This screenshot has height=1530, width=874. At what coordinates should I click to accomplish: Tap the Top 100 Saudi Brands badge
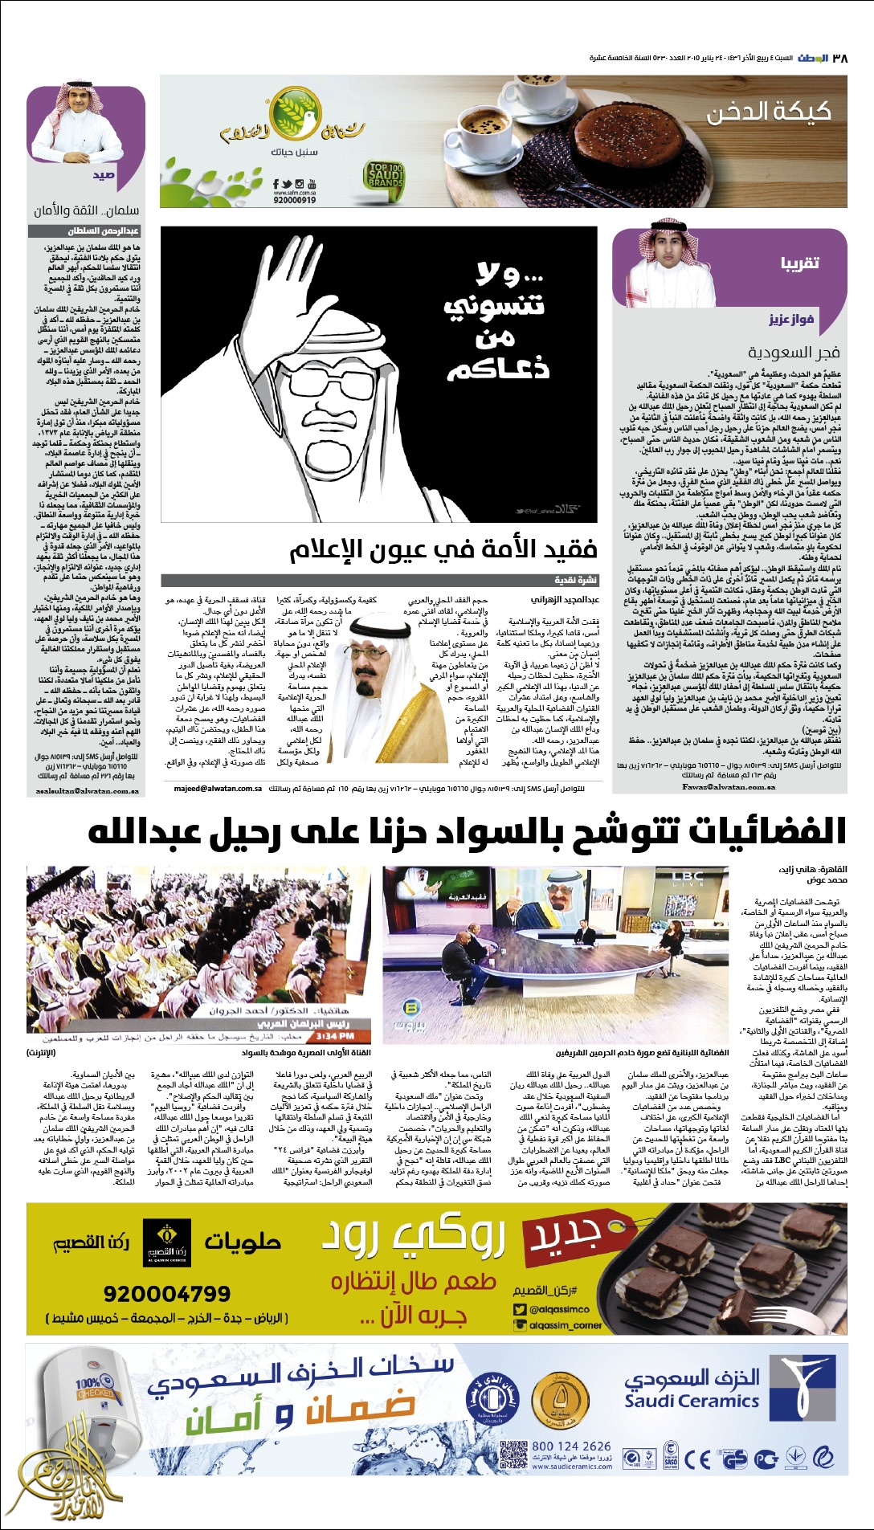point(386,177)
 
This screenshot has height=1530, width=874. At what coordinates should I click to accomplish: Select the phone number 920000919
point(294,200)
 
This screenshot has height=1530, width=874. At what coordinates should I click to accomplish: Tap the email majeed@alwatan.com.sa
point(218,789)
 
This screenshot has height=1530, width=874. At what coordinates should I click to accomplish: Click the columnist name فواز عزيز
point(791,320)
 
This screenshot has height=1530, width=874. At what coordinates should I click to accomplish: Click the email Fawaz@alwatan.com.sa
point(729,787)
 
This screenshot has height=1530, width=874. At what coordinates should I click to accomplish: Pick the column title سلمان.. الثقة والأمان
point(86,210)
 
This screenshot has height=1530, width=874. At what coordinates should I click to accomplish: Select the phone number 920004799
point(166,1294)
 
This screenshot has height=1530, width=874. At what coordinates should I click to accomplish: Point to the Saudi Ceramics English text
point(692,1401)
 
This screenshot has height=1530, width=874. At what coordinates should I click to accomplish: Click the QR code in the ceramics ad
point(513,1455)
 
